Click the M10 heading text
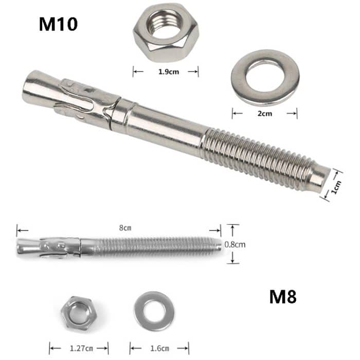click(x=58, y=24)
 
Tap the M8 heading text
click(x=283, y=297)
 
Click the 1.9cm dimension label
click(x=166, y=73)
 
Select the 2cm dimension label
click(x=264, y=114)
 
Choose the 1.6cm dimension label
click(x=159, y=347)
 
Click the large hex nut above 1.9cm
click(x=166, y=32)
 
